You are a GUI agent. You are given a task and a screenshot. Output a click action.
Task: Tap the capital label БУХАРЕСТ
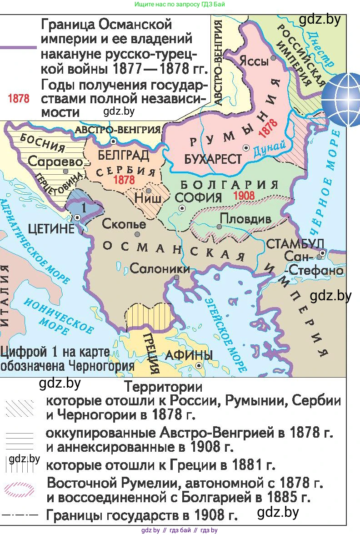coord(213,159)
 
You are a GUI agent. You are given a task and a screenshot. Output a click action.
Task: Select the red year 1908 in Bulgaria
coord(245,196)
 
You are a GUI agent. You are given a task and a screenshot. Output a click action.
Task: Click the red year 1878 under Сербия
coord(124,180)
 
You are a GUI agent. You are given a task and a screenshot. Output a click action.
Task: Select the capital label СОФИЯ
coord(198,197)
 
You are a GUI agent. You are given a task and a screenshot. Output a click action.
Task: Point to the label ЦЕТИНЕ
coord(51,228)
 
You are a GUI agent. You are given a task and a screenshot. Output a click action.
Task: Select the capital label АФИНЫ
coord(189,355)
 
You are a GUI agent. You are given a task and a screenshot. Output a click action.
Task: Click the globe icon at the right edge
coord(341,99)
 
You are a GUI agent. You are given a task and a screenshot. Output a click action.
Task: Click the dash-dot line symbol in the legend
coord(19,515)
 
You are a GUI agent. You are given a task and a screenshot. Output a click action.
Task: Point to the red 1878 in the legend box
coord(19,99)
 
